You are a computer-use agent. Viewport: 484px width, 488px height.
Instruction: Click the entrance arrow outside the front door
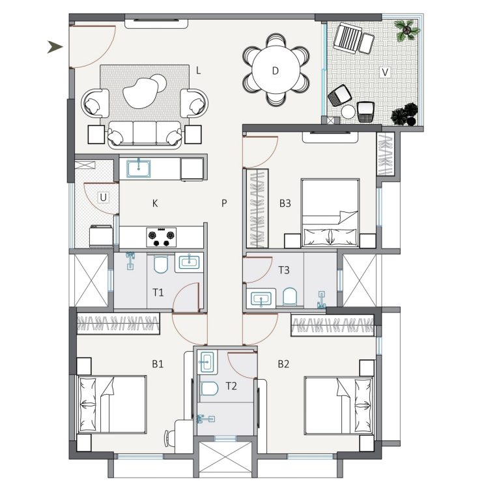coord(55,47)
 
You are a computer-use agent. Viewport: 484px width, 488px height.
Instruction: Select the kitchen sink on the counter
coord(139,169)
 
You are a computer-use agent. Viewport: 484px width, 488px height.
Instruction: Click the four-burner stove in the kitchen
coord(162,237)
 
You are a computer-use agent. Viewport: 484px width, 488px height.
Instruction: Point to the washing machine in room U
coord(101,236)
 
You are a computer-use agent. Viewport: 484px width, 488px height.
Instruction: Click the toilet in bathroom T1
coord(161,264)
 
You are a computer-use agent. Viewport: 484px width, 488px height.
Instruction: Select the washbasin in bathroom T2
coord(207,362)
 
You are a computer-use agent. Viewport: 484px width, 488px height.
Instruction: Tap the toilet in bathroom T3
coord(290,297)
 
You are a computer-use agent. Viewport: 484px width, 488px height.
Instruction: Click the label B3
coord(285,204)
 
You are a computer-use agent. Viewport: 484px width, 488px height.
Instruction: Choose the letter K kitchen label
coord(155,204)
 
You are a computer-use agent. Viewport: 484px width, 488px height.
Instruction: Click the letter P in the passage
coord(224,204)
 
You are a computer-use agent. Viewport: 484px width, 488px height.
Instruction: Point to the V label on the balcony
coord(385,72)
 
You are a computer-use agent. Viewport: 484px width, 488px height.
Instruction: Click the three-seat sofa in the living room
coord(145,134)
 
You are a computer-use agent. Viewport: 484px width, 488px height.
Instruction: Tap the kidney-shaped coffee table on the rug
coord(140,93)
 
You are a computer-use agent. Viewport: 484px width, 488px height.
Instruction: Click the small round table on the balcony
coord(348,112)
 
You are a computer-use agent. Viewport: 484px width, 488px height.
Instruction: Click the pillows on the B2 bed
coord(363,406)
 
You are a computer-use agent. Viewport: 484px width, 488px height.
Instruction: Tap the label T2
coord(231,386)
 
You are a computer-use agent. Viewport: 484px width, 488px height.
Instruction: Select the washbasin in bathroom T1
coord(189,262)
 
